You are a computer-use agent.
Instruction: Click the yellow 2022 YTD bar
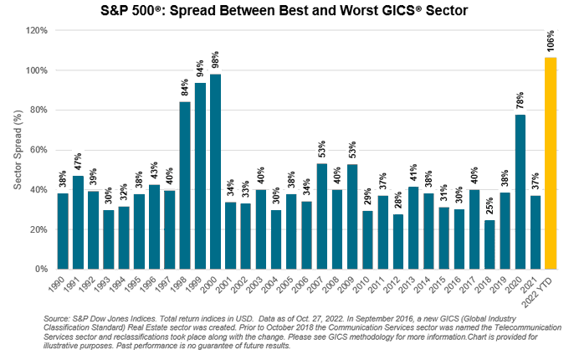[551, 163]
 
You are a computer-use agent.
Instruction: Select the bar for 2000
[215, 172]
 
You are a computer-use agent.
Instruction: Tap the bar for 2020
[520, 192]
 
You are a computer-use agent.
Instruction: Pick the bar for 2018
[490, 244]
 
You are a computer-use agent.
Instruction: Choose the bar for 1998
[185, 186]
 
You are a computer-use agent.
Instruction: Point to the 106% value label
[551, 41]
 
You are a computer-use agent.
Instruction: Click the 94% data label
[200, 69]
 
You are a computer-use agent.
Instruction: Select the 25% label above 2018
[490, 206]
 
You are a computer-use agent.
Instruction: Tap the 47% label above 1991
[78, 162]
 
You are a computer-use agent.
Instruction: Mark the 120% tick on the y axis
[36, 30]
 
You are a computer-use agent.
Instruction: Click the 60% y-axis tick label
[38, 150]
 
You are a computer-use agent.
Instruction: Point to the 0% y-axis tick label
[41, 270]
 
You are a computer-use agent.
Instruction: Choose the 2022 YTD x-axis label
[537, 291]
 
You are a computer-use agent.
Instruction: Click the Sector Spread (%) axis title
[18, 150]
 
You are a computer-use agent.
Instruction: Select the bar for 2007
[322, 217]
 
